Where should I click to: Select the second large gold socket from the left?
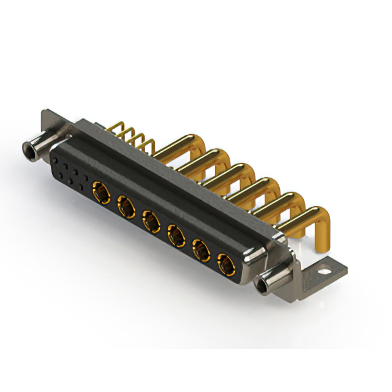(x=126, y=205)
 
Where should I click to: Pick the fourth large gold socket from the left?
(x=176, y=234)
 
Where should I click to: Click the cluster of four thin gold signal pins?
(x=132, y=136)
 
